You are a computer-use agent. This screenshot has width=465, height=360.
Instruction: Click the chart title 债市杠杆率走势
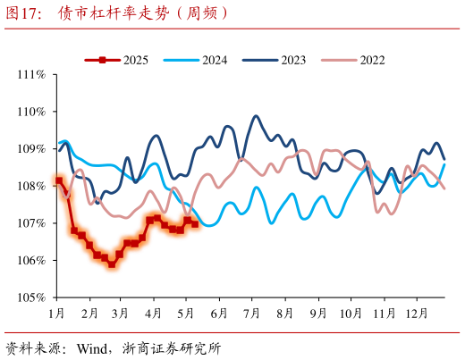point(143,13)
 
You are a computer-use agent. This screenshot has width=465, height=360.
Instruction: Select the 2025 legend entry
point(135,60)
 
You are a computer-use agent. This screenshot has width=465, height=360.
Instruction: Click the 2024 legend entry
point(214,60)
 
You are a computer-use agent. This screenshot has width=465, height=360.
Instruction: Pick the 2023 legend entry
point(292,60)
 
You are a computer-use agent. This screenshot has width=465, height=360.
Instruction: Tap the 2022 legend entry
point(372,60)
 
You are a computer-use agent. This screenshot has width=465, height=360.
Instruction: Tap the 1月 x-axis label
point(56,314)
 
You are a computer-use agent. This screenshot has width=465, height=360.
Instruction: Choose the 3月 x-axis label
point(121,314)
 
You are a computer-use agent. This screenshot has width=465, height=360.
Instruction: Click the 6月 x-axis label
point(218,314)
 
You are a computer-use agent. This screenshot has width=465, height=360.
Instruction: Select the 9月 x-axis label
point(317,314)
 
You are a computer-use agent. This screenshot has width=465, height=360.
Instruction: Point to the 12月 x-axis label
point(416,314)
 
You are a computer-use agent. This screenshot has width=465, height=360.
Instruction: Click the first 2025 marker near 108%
point(59,180)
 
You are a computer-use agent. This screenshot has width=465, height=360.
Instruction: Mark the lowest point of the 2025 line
point(112,264)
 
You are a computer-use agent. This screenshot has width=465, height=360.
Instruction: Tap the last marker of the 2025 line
point(195,223)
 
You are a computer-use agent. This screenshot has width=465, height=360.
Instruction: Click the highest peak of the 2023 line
point(256,116)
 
